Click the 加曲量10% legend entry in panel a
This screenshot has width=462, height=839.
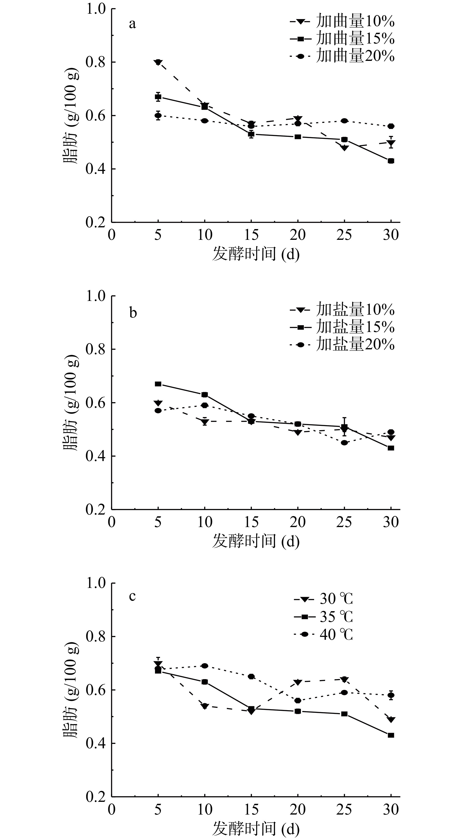click(342, 22)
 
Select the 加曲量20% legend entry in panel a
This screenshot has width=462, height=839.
click(342, 56)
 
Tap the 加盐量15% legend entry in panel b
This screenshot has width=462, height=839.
click(342, 327)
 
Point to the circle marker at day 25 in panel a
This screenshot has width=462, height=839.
click(344, 121)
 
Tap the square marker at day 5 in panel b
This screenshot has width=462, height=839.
click(158, 384)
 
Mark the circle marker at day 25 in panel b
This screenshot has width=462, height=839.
click(344, 443)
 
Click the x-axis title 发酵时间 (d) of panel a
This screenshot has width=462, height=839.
click(256, 254)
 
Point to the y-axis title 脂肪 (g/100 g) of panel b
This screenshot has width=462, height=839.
click(71, 403)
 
